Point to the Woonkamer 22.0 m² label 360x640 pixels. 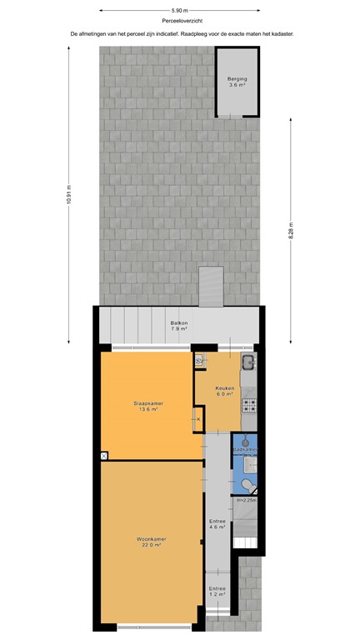click(x=152, y=542)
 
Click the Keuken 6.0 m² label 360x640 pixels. click(x=225, y=391)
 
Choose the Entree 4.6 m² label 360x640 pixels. click(x=217, y=523)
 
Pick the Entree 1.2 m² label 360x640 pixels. click(x=217, y=591)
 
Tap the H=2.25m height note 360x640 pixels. click(x=246, y=500)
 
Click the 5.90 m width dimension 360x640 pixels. click(x=180, y=10)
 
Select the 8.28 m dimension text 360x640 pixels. click(x=291, y=230)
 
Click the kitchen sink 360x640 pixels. click(x=247, y=362)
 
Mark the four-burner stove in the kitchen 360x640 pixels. click(x=247, y=406)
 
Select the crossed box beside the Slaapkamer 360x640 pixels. click(x=103, y=456)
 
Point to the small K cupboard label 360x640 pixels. click(x=197, y=420)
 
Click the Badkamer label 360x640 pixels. click(x=245, y=450)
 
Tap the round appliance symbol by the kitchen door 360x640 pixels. click(x=199, y=362)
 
